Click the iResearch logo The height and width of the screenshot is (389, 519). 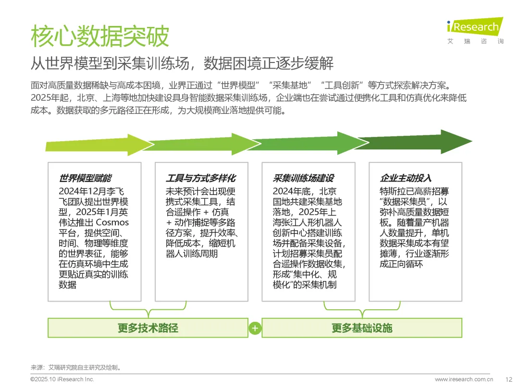tap(475, 26)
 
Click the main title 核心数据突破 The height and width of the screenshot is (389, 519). tap(100, 36)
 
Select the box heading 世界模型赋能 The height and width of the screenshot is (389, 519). tap(85, 178)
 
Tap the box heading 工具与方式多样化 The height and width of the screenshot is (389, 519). tap(200, 178)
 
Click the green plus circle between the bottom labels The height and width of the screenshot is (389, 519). tap(255, 328)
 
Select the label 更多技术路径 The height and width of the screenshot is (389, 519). tap(148, 328)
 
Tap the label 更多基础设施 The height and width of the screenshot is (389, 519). tap(361, 328)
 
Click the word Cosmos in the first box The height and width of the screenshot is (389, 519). tap(112, 222)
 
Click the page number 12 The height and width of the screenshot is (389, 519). tap(508, 379)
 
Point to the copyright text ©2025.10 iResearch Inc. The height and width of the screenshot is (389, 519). tap(62, 379)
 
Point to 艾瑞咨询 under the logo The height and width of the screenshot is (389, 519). tap(475, 41)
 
